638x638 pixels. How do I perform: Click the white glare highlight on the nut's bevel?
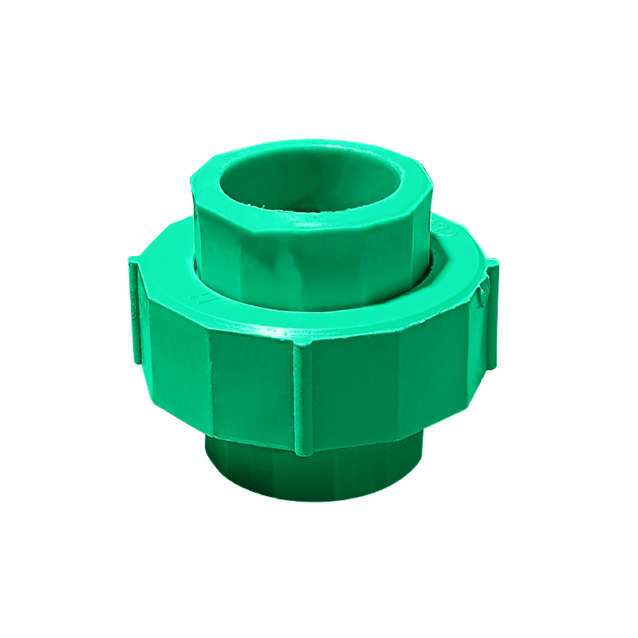(263, 329)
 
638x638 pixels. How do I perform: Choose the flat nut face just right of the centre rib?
(351, 391)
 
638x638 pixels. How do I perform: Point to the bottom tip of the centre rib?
(301, 453)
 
